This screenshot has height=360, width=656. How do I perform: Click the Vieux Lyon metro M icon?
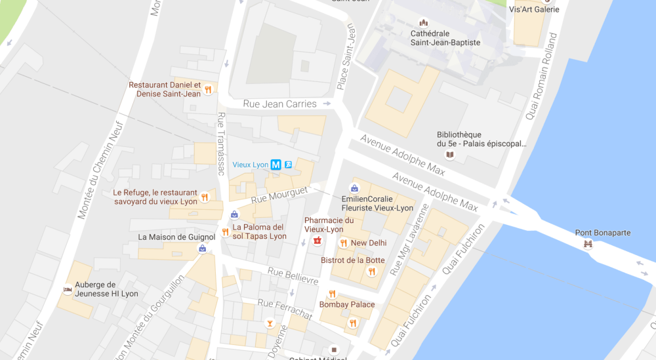(276, 165)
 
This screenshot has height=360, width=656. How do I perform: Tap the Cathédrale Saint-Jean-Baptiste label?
(445, 38)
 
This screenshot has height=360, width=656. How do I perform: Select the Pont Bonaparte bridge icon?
(588, 245)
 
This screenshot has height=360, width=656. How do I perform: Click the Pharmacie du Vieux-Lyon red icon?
(318, 241)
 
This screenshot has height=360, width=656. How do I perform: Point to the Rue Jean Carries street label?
(279, 104)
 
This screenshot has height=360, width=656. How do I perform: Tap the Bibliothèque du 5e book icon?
(449, 155)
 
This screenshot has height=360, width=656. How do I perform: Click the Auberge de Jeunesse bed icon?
(68, 289)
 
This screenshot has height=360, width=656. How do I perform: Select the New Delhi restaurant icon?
(343, 243)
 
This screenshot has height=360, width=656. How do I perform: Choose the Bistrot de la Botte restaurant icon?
(372, 271)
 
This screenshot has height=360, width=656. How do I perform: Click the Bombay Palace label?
(347, 304)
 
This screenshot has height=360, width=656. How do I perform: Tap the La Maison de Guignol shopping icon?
(202, 249)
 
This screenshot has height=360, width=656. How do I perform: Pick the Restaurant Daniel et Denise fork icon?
(208, 90)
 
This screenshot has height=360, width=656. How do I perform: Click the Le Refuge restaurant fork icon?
(205, 197)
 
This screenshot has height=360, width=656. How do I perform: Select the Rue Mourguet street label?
(279, 194)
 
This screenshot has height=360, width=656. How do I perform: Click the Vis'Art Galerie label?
(534, 9)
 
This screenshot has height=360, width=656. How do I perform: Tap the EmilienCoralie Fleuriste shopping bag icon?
(354, 189)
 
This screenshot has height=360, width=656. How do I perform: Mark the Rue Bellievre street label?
(293, 276)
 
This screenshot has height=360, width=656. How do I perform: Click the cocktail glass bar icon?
(268, 324)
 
